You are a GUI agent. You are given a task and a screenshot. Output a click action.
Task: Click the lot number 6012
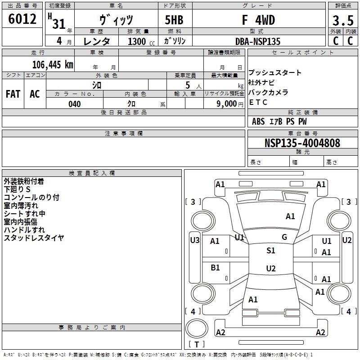[22, 19]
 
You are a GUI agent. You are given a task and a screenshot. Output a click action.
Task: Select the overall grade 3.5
[343, 20]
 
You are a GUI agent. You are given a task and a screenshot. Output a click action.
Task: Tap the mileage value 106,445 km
[53, 65]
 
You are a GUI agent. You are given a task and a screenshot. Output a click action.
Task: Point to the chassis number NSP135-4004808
[302, 143]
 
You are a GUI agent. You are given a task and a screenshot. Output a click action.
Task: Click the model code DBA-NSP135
[258, 41]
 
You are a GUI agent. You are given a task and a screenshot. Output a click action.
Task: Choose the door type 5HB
[174, 20]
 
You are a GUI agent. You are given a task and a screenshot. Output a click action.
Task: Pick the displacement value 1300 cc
[141, 41]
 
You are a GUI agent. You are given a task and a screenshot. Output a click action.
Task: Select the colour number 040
[75, 104]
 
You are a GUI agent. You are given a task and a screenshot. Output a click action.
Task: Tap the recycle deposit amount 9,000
[227, 104]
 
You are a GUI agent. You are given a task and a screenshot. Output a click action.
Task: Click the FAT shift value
[13, 94]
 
